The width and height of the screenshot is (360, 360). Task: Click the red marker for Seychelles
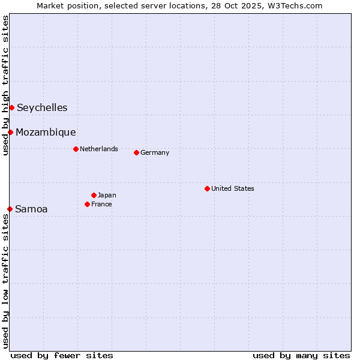(11, 107)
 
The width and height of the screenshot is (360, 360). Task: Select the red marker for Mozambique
(10, 132)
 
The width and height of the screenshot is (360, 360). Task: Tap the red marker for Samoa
(10, 209)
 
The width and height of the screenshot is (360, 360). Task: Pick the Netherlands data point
(76, 149)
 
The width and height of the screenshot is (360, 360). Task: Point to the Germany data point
(136, 152)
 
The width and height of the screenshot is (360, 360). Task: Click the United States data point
(207, 188)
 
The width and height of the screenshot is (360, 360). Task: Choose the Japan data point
(94, 195)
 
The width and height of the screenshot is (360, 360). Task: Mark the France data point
(87, 204)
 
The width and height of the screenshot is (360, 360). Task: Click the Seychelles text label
(42, 108)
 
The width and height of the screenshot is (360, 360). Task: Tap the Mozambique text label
(46, 133)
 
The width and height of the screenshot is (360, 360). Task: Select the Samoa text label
(31, 209)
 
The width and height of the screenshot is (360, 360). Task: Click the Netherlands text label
(99, 149)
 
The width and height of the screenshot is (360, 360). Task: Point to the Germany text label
(155, 152)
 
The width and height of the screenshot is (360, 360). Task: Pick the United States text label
(233, 188)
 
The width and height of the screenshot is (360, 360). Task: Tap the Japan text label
(107, 195)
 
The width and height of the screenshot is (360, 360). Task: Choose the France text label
(101, 204)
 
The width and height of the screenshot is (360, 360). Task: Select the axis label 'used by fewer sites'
(62, 355)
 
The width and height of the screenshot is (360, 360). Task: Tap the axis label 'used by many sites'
(301, 355)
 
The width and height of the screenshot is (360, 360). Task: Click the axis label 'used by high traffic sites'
(5, 85)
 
